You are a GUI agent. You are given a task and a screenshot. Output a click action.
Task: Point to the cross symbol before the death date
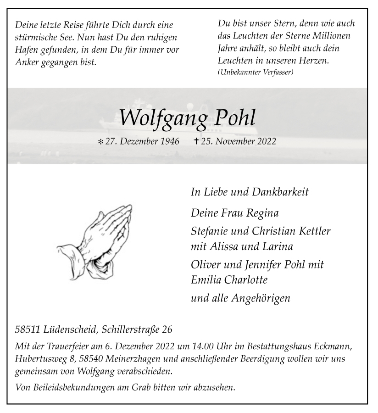[x=196, y=141]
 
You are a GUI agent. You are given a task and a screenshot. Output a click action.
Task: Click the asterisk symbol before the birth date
[x=100, y=142]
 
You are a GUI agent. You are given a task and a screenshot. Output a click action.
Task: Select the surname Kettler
[x=312, y=231]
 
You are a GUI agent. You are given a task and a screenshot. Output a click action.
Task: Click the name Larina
[x=277, y=246]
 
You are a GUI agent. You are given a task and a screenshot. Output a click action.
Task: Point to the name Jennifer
[x=263, y=264]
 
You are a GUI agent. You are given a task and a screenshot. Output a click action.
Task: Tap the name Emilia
[x=206, y=279]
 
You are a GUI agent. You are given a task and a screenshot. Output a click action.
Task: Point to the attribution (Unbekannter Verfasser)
[x=256, y=73]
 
